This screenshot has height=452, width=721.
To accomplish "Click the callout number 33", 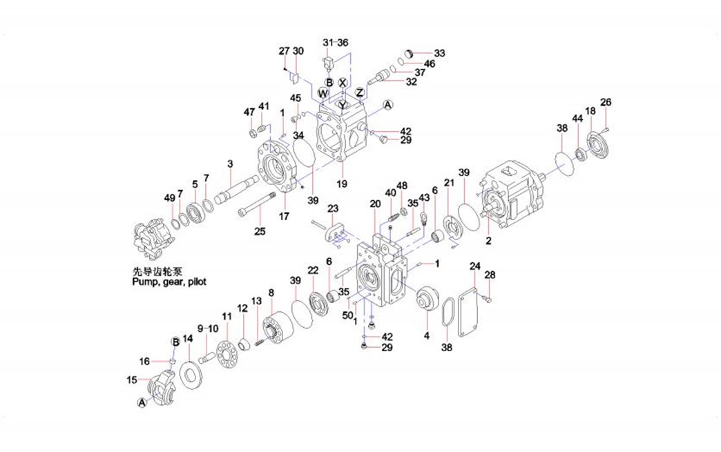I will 439,53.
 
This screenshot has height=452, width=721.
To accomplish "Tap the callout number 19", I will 341,184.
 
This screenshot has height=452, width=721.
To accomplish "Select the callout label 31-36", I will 336,43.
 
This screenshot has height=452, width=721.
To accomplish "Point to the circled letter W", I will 323,92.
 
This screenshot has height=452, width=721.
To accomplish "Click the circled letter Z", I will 360,92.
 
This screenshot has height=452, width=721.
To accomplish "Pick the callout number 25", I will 259,231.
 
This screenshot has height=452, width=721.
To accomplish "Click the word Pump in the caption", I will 144,282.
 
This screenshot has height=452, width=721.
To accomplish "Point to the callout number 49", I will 170,198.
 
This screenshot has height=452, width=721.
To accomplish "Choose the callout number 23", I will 333,208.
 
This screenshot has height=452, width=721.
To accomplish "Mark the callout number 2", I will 488,241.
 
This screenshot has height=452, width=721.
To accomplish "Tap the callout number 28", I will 490,275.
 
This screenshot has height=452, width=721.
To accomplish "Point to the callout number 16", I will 144,361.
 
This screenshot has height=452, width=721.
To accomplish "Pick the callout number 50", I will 347,315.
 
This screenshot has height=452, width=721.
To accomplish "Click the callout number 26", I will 606,103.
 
